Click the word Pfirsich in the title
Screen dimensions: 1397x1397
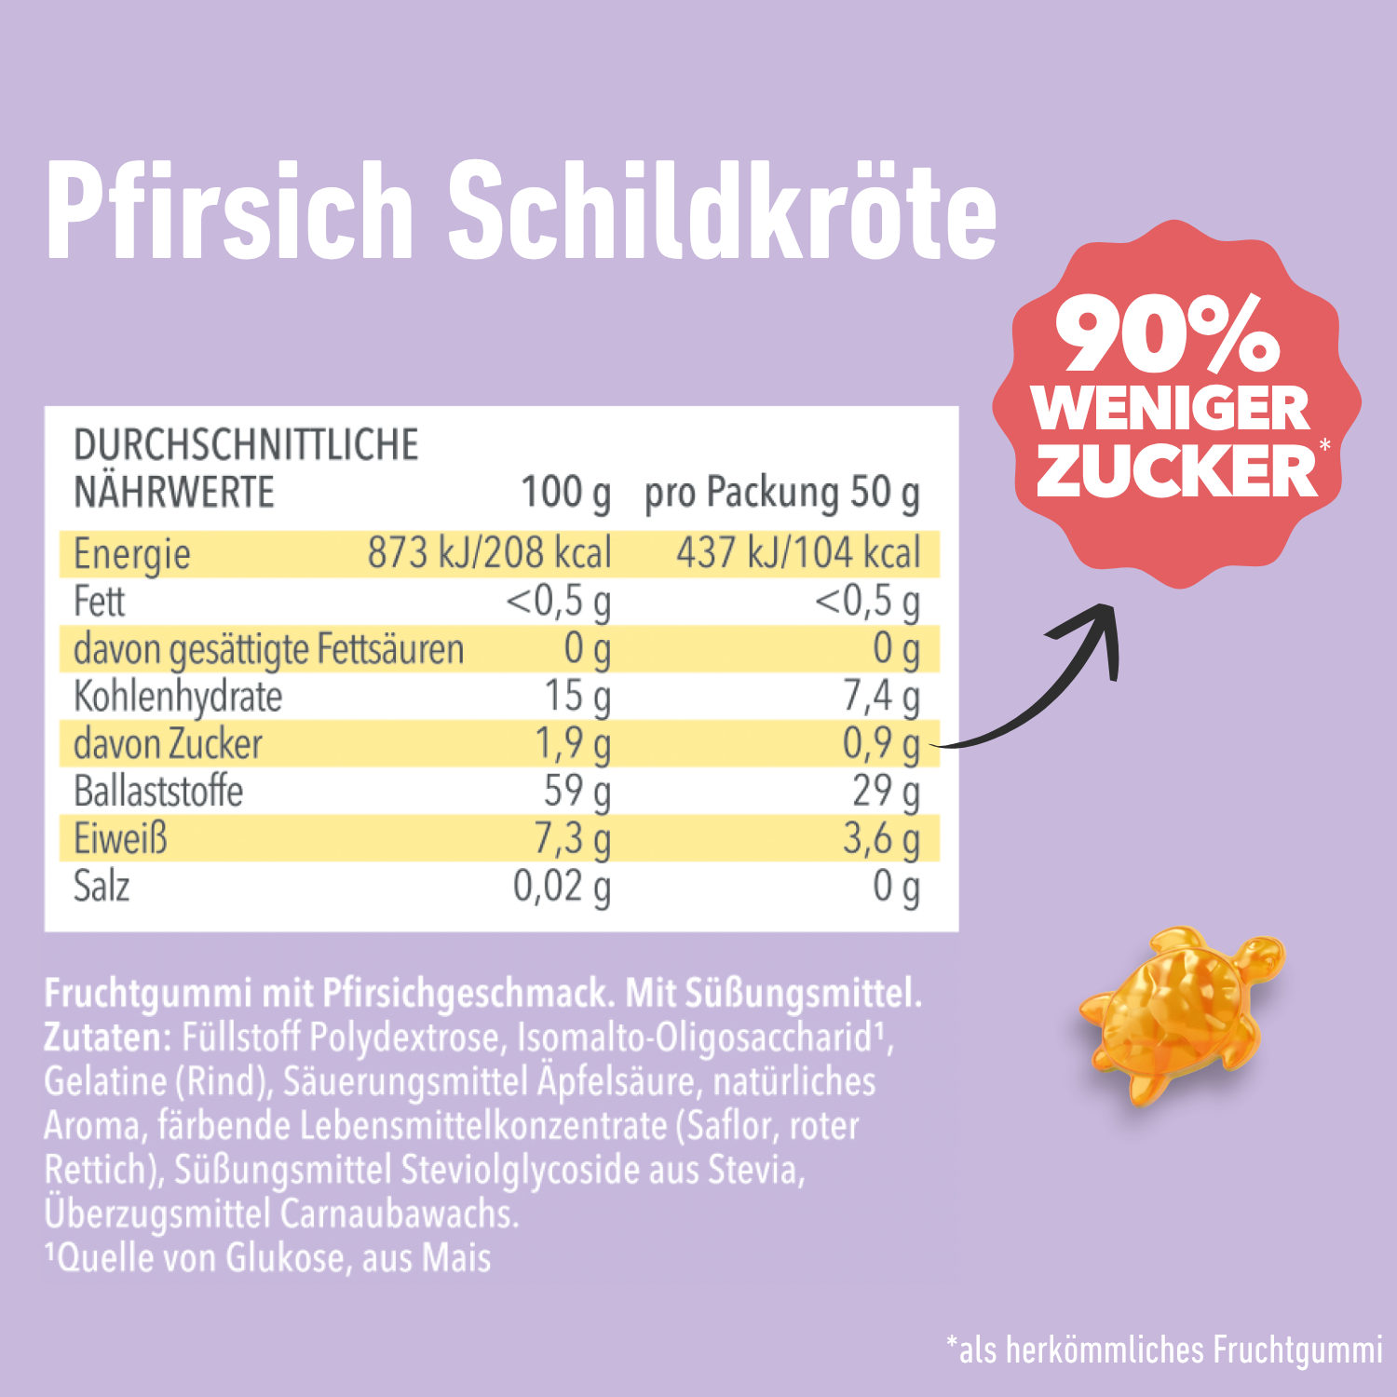[x=229, y=212]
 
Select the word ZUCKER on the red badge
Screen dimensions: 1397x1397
[x=1176, y=470]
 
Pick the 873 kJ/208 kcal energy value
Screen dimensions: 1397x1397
[x=489, y=553]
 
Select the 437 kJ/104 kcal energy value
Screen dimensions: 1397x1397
[x=798, y=553]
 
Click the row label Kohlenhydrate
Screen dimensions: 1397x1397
[x=178, y=697]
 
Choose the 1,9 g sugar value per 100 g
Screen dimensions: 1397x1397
[x=572, y=744]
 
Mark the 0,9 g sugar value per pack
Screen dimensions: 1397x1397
[x=881, y=744]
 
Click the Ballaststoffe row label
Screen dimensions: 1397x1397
[x=158, y=792]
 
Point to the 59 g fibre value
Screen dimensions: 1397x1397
[x=577, y=792]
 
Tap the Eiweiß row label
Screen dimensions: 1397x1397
[x=121, y=838]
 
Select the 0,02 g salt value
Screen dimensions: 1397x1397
[x=562, y=887]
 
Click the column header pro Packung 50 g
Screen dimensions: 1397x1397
[x=781, y=494]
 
